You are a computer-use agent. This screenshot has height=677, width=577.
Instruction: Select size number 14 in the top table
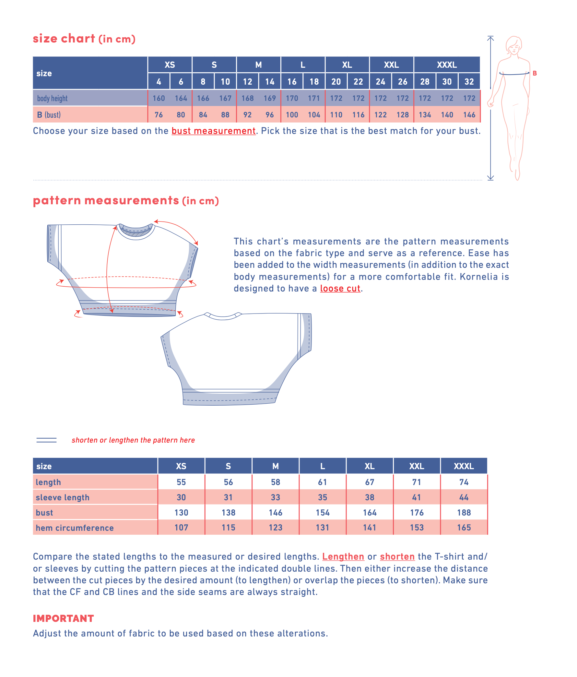270,81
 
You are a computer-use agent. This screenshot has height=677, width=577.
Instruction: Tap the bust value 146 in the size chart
469,115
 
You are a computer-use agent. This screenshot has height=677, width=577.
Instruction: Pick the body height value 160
159,98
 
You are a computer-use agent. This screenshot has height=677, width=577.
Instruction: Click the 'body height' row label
52,98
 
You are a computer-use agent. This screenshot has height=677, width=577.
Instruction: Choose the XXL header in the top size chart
391,65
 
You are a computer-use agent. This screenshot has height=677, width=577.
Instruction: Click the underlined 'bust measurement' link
213,131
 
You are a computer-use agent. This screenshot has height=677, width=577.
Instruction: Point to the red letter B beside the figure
535,73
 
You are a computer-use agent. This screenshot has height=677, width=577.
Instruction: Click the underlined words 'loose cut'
340,288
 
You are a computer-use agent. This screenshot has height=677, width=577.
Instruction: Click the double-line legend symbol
46,440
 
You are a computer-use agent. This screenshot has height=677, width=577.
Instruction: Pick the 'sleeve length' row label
63,497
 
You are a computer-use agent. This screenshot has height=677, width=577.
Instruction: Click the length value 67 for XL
370,482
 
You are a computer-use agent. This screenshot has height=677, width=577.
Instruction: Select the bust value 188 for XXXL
464,512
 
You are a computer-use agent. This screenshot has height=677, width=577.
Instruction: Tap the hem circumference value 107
181,527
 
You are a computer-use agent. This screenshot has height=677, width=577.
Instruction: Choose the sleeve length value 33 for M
276,497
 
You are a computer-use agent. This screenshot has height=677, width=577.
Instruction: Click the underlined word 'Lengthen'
343,556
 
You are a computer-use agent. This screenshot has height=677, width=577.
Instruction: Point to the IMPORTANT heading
64,618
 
